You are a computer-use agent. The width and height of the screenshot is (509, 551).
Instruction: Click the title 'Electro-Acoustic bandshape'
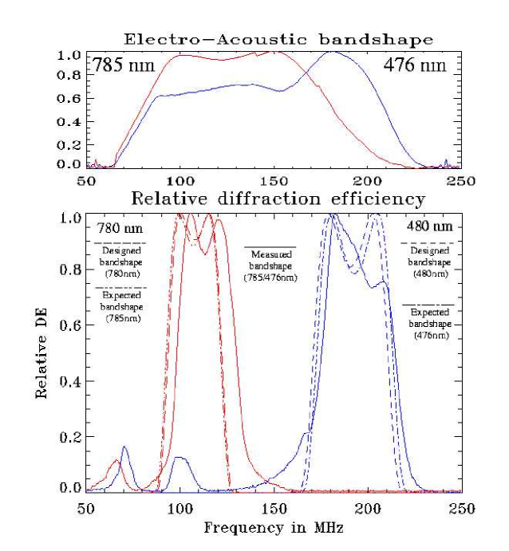point(277,39)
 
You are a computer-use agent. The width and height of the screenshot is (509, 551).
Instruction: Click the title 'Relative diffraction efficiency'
point(278,198)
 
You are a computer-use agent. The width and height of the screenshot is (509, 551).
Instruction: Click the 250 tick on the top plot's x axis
point(461,181)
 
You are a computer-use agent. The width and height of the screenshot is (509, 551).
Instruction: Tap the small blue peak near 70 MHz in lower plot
point(124,447)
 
